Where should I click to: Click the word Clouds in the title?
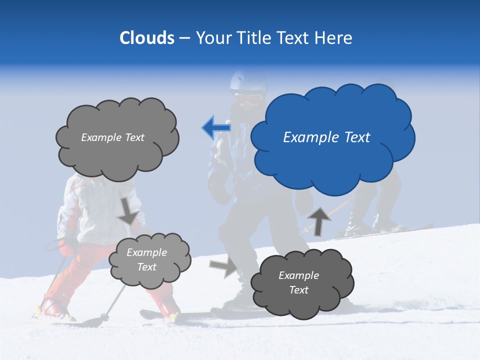pos(146,38)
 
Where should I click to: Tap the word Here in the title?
pos(333,38)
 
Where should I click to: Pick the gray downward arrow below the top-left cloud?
pos(128,210)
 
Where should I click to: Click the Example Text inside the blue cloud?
pos(326,137)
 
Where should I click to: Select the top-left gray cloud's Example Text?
pos(112,137)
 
